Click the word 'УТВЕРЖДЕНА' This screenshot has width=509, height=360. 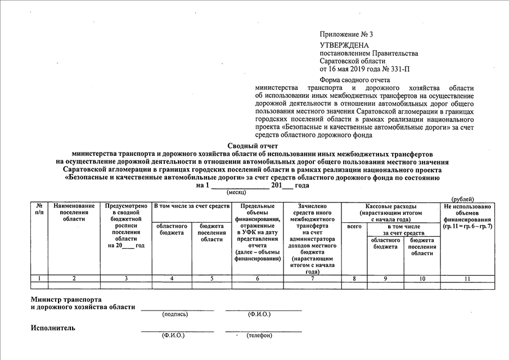point(344,45)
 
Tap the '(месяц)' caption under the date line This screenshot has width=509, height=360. point(240,192)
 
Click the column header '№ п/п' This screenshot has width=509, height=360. point(39,210)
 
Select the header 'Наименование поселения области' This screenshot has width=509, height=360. point(74,213)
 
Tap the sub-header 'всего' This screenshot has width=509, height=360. point(354,226)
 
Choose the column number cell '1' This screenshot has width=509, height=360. point(39,278)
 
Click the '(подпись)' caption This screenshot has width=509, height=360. point(175,314)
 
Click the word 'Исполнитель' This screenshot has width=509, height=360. point(53,328)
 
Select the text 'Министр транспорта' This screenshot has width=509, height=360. point(66,299)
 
